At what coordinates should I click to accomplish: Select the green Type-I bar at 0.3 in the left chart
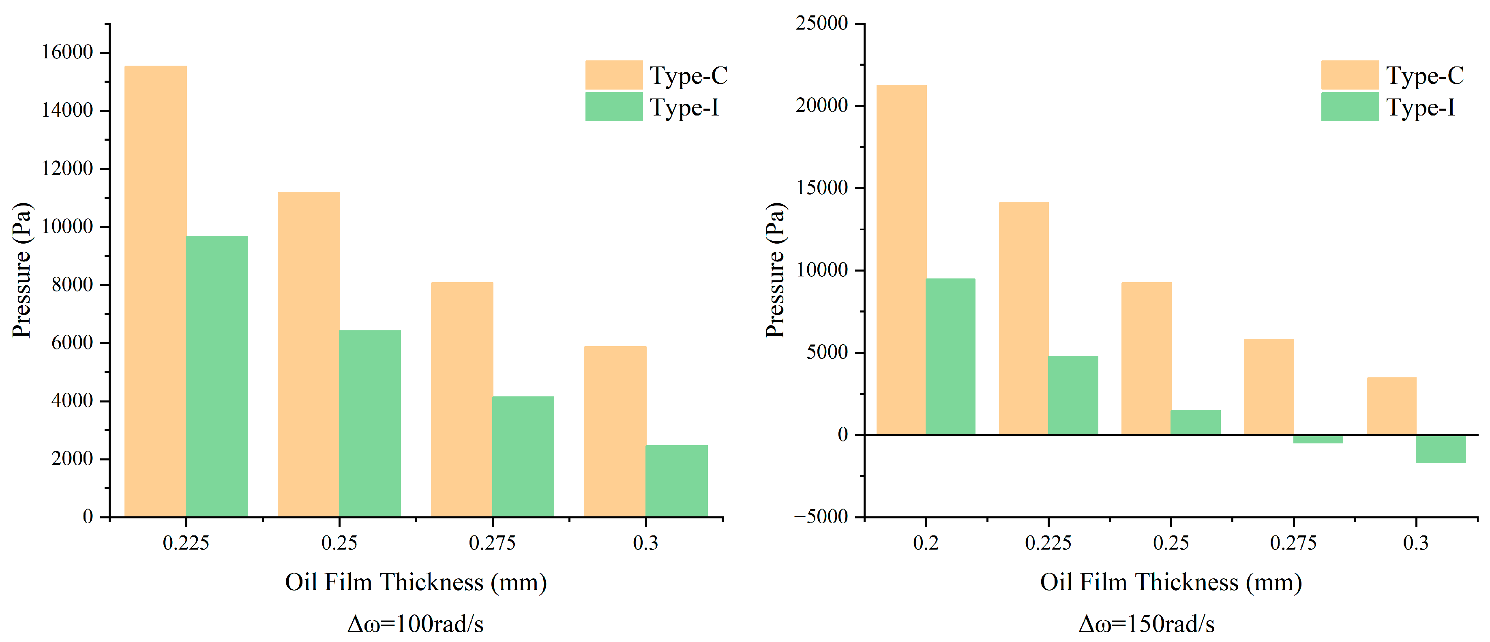[x=677, y=481]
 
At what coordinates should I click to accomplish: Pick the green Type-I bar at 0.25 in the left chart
[x=370, y=424]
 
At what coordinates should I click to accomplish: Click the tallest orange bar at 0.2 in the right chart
[x=901, y=260]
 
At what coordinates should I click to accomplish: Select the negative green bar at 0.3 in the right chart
[x=1441, y=449]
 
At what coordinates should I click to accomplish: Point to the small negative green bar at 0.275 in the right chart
[x=1318, y=439]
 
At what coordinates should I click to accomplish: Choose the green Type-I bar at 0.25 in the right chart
[x=1196, y=422]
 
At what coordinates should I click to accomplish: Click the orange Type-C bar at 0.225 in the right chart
[x=1024, y=318]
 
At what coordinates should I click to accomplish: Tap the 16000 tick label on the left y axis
[x=67, y=52]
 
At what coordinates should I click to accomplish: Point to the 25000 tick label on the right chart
[x=822, y=23]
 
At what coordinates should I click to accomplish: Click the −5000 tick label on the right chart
[x=821, y=516]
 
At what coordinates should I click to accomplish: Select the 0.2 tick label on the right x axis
[x=926, y=543]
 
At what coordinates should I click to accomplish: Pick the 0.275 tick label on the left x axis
[x=492, y=543]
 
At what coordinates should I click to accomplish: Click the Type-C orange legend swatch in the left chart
[x=614, y=75]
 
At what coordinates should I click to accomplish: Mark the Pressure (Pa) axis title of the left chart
[x=21, y=270]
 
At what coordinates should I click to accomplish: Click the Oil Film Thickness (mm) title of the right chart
[x=1171, y=582]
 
